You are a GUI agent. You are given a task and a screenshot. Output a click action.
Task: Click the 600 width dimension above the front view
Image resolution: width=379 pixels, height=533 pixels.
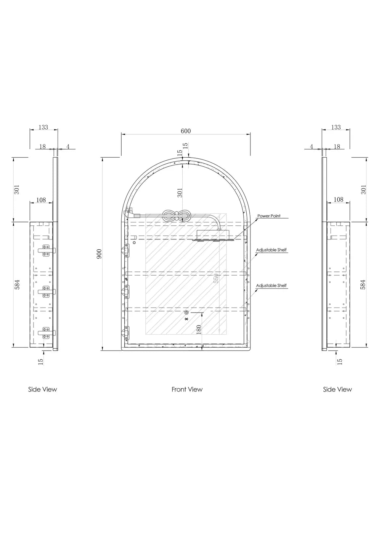[x=185, y=131]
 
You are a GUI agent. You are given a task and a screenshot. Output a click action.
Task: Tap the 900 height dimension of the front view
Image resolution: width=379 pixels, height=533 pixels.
[x=99, y=254]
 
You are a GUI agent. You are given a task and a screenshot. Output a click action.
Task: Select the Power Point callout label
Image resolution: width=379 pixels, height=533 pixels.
[x=269, y=216]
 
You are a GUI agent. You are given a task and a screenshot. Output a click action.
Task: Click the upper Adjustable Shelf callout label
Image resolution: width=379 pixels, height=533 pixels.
[x=271, y=250]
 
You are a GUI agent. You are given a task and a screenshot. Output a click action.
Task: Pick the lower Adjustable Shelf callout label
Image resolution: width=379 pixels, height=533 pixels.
[x=271, y=285]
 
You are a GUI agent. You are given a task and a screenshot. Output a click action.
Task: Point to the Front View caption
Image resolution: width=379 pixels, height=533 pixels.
[x=187, y=389]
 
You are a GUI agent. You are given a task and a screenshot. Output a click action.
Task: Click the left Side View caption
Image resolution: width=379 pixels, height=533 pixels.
[x=43, y=389]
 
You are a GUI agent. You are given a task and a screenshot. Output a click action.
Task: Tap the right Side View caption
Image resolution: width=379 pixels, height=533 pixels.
[x=337, y=389]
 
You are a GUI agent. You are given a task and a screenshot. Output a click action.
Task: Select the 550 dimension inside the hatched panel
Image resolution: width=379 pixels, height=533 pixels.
[x=216, y=278]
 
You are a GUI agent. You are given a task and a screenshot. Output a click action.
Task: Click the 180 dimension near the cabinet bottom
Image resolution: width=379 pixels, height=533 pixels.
[x=199, y=330]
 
